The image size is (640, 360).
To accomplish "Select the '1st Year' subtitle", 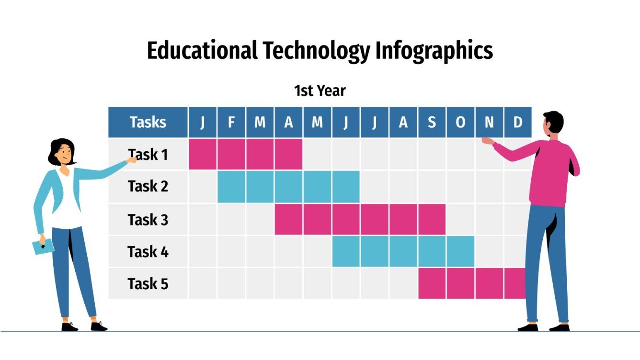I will [320, 90].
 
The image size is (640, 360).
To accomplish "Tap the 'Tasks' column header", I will [148, 123].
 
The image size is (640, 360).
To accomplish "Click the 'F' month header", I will [231, 123].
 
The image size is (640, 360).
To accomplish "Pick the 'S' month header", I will [432, 123].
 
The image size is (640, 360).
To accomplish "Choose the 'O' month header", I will [460, 123].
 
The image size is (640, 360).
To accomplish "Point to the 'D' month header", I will [517, 123].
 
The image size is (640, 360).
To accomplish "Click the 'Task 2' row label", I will [148, 186].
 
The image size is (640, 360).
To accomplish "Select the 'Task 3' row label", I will [148, 220].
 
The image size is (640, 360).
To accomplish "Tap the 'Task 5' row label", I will [148, 284].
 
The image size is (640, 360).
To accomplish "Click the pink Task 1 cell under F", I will [231, 154].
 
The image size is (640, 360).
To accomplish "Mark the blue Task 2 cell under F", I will [231, 186].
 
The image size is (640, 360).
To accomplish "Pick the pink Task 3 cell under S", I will [432, 219].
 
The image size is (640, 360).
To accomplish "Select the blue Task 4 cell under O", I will [460, 251].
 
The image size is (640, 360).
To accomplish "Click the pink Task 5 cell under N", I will [489, 283].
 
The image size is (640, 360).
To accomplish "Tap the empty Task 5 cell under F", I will [231, 283].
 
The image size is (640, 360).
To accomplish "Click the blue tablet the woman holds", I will [43, 247].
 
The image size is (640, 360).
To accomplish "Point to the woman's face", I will [64, 153].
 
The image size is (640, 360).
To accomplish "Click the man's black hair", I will [554, 121].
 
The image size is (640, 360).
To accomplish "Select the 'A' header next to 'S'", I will [403, 123].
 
